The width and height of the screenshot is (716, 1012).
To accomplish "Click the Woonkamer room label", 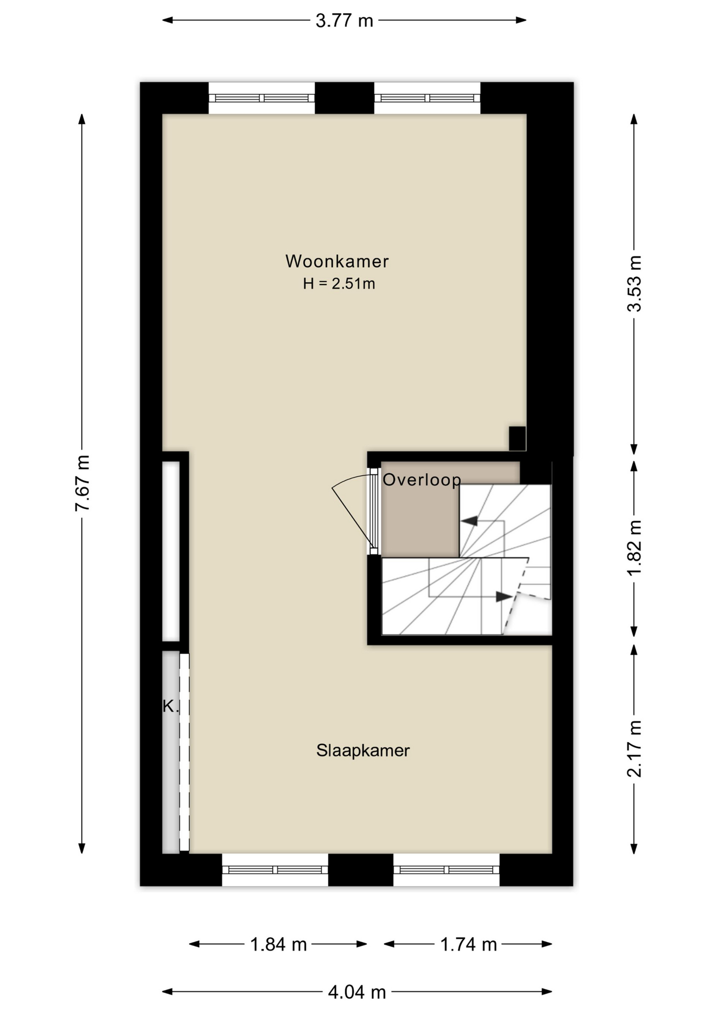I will pos(337,261).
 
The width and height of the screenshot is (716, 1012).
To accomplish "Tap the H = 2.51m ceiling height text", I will pos(338,284).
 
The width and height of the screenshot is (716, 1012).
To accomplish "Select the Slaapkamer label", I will pos(363,751).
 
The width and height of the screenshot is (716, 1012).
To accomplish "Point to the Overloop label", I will pos(422,480).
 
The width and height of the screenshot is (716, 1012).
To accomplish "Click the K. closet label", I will pos(170,706).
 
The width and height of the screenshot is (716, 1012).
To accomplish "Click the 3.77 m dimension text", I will pos(344,21).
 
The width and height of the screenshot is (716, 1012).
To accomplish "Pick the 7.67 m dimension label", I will pos(83,483).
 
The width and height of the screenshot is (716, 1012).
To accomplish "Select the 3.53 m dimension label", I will pos(635,284).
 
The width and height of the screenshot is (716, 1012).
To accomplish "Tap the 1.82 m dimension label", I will pos(635,548).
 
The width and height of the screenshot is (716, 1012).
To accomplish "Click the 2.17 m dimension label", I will pos(635,748).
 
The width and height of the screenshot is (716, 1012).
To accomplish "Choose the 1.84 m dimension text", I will pos(278,945).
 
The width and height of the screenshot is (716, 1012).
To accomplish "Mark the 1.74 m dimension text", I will pos(468,945).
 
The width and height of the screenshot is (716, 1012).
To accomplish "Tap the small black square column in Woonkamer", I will pos(517,438).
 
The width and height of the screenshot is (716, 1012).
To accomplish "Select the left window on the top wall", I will pos(262,98).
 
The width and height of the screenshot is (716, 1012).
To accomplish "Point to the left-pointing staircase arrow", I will pos(469,521).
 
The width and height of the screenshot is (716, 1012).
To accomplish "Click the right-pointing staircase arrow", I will pos(504,597).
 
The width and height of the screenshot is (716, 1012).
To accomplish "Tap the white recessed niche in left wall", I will pos(171,551).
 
